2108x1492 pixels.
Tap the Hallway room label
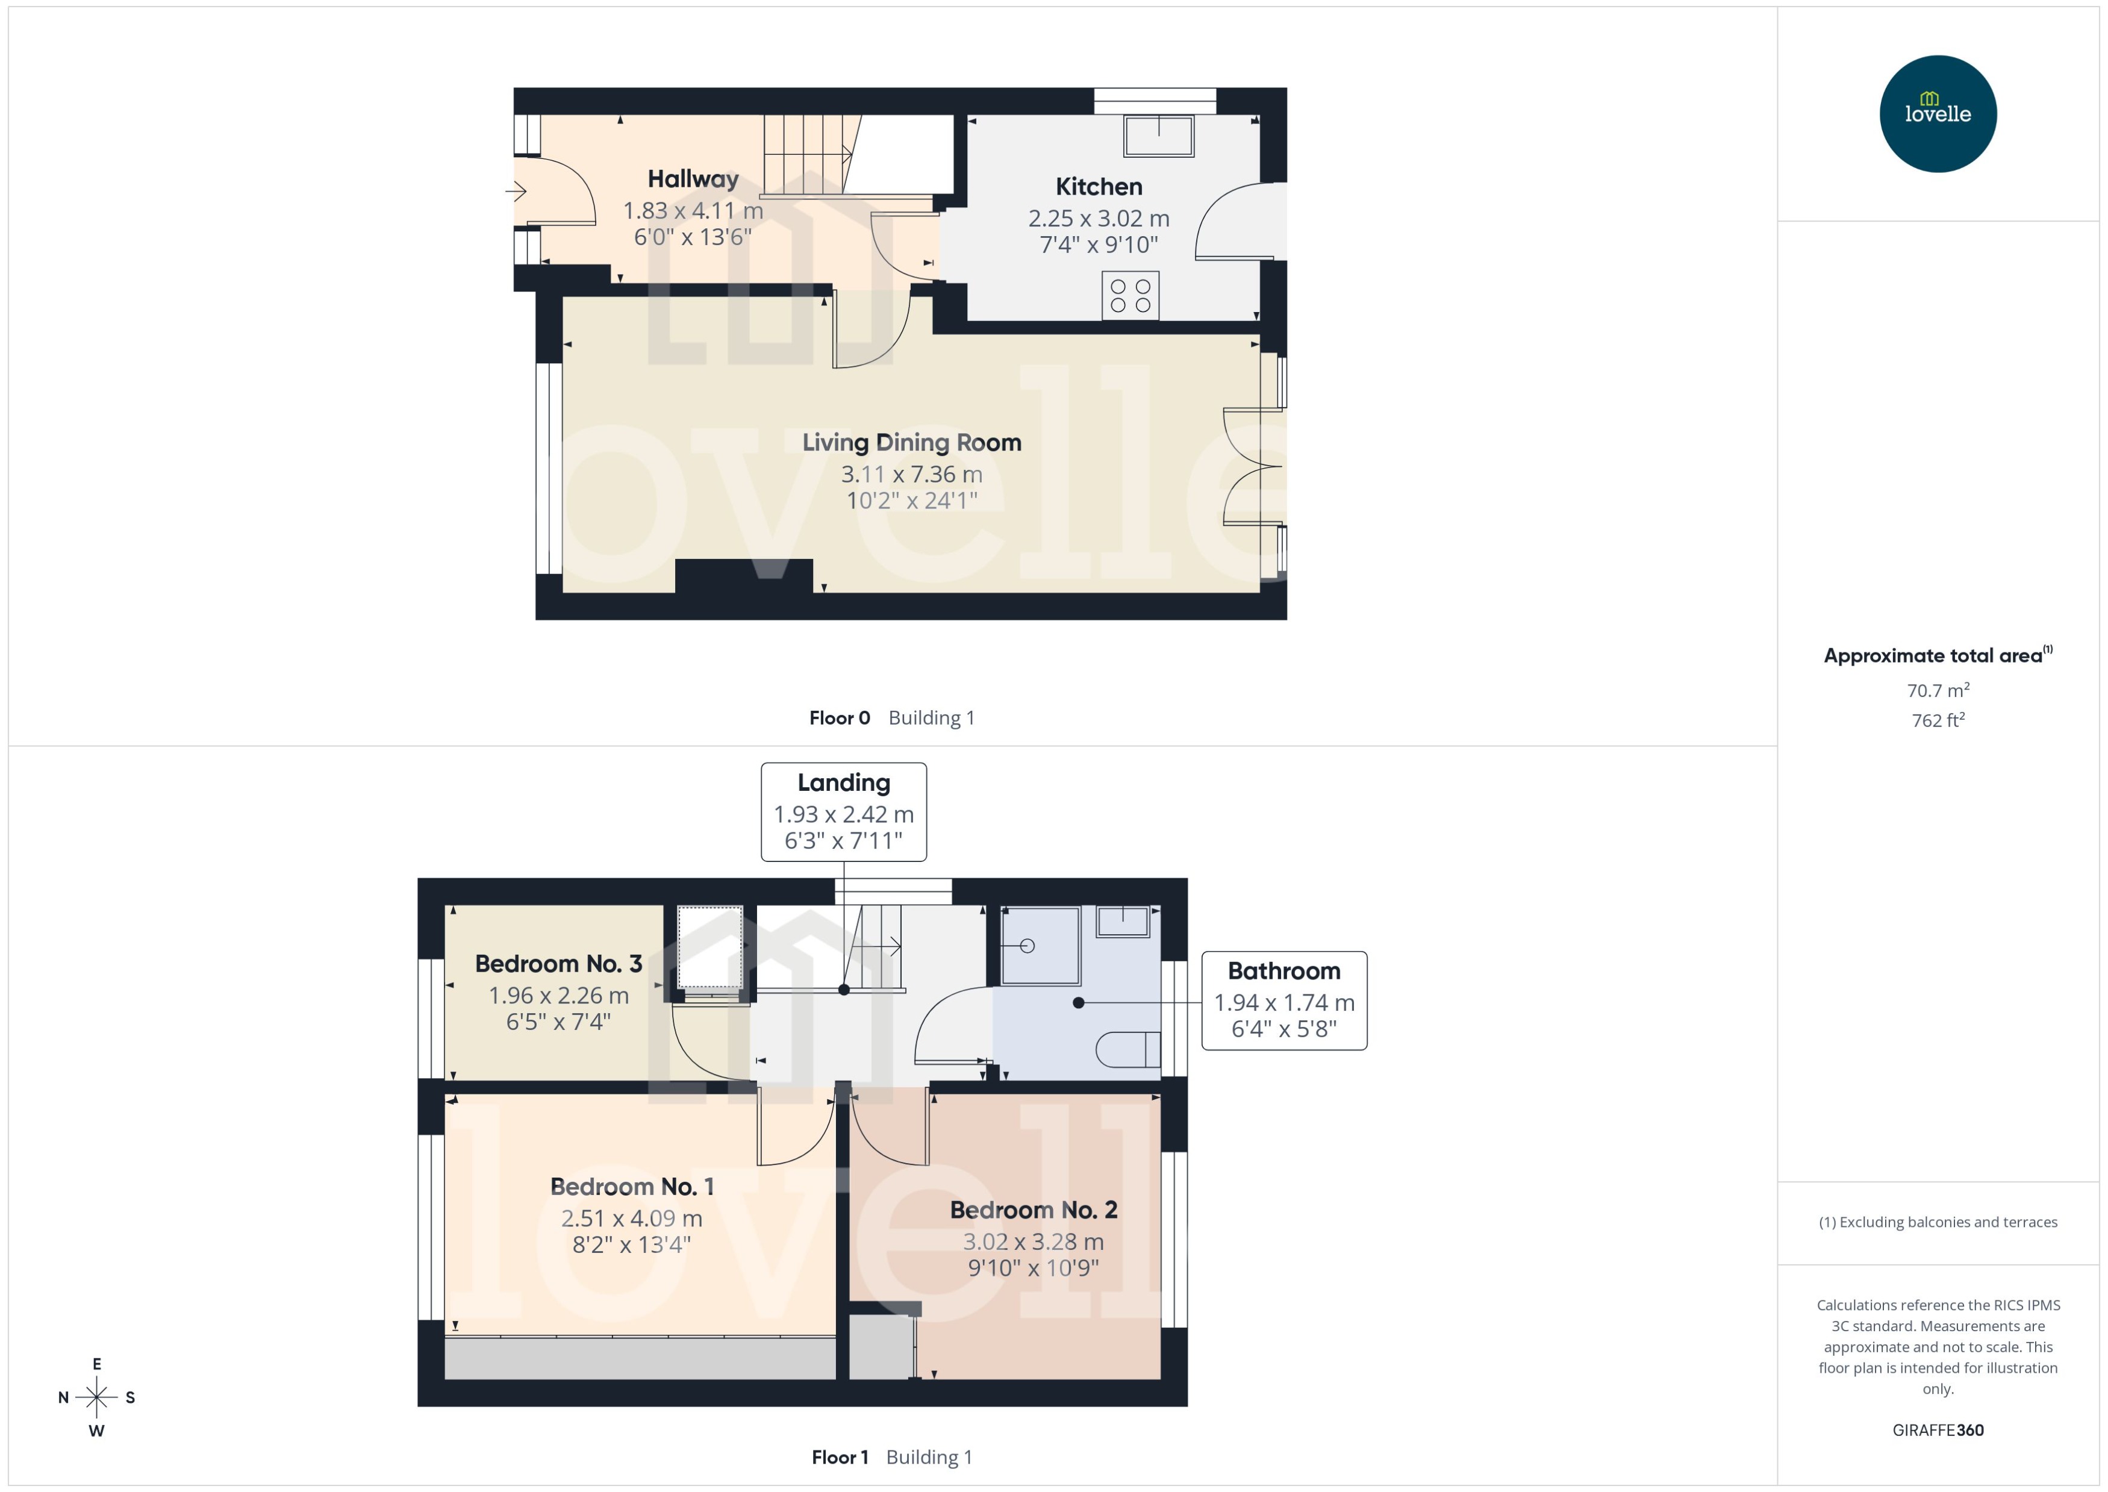[693, 179]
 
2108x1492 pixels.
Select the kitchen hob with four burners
[1130, 296]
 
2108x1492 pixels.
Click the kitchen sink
[1158, 136]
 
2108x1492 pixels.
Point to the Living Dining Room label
[911, 443]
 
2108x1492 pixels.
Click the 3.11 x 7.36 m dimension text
[911, 474]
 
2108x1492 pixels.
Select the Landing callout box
[843, 811]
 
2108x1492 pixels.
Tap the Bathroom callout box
[1283, 1000]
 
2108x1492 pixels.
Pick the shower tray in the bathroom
[1040, 946]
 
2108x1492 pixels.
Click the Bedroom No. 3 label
[558, 964]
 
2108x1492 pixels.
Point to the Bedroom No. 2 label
[1034, 1210]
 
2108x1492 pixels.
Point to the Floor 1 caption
[840, 1457]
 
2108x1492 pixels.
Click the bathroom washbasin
[1123, 920]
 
